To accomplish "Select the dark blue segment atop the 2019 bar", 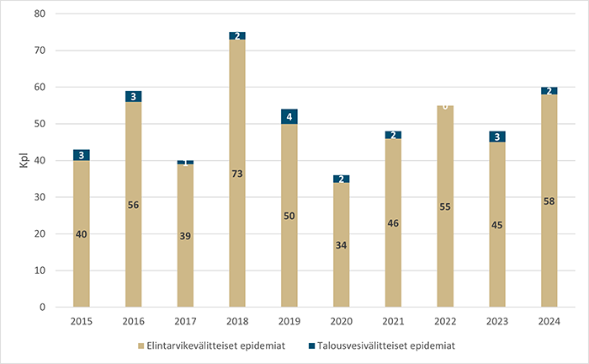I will click(289, 116).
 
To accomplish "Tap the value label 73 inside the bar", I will click(237, 174).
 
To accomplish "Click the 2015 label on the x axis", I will click(82, 321).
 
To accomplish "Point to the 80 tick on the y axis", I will click(40, 14).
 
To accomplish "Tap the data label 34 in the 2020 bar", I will click(342, 245).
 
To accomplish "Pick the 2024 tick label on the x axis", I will click(549, 321).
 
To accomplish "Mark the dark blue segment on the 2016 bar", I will click(133, 96).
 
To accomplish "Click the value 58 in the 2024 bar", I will click(549, 201).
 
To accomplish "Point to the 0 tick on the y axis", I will click(42, 308).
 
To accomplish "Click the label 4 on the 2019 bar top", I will click(289, 117).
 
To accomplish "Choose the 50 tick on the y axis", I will click(40, 124).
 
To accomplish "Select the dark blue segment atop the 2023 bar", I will click(497, 136).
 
